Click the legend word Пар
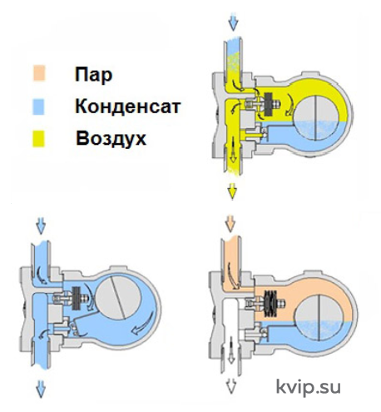tap(93, 75)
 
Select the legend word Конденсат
tap(128, 107)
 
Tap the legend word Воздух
tap(111, 138)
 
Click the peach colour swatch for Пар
tap(38, 73)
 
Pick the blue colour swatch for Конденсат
tap(38, 107)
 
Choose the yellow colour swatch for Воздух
tap(38, 139)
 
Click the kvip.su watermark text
tap(309, 387)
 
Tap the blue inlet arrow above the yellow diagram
tap(234, 22)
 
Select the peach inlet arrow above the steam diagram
tap(230, 223)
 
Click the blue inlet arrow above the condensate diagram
tap(41, 226)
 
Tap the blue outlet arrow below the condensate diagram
tap(41, 389)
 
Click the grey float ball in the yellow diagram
tap(316, 118)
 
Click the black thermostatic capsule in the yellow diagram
tap(269, 104)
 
